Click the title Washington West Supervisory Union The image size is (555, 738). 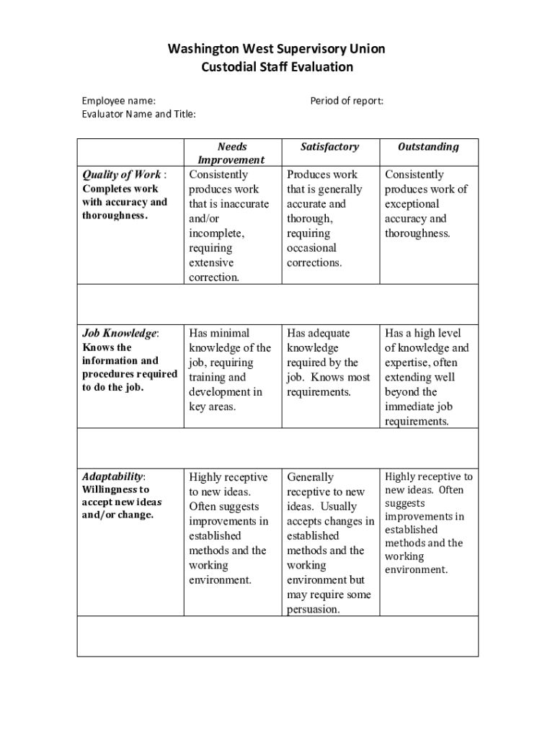tap(277, 49)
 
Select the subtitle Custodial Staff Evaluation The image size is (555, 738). tap(277, 67)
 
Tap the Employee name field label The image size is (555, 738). tap(118, 101)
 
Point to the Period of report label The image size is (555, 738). tap(347, 101)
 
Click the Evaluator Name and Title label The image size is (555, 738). tap(138, 114)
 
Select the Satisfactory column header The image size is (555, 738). tap(329, 146)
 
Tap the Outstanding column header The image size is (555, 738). tap(428, 146)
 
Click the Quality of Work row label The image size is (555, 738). tap(122, 174)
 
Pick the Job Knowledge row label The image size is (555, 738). tap(120, 333)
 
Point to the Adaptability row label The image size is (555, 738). tap(112, 477)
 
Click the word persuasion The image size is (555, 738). tap(313, 610)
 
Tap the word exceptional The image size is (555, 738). tap(412, 204)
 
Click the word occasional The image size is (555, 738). tap(311, 248)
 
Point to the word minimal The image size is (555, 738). tap(230, 333)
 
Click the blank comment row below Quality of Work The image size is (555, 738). tap(277, 304)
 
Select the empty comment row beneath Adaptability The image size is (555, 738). tap(277, 636)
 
